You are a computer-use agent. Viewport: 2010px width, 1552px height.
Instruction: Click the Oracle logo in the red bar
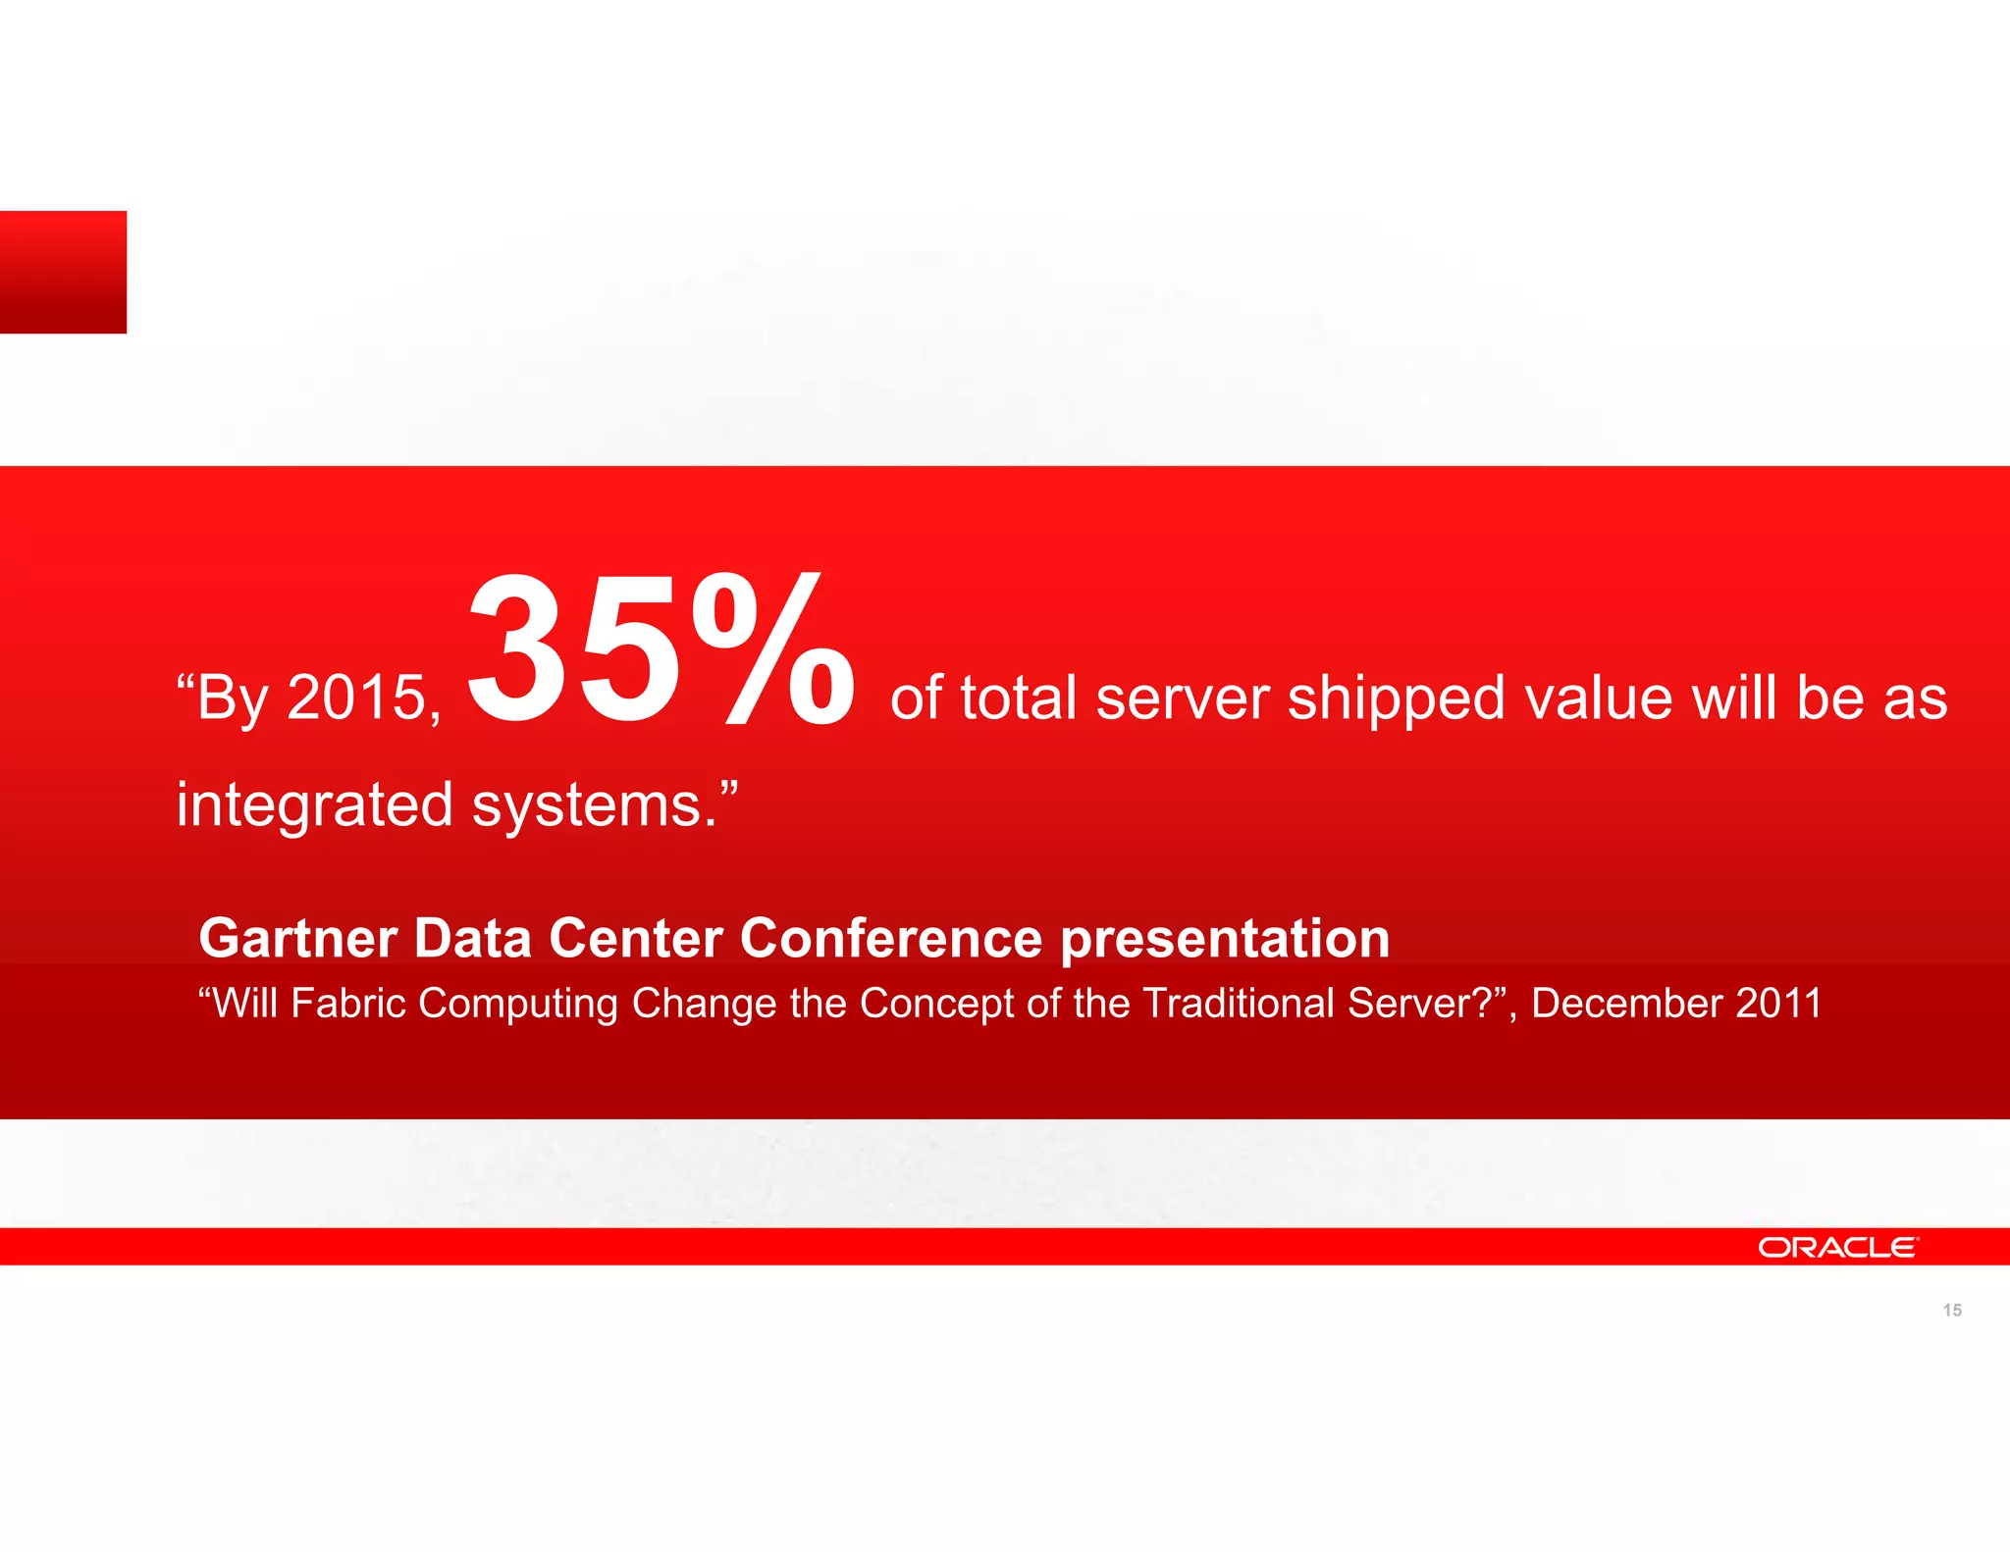coord(1836,1247)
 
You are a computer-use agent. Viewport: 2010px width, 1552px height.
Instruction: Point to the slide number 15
coord(1952,1311)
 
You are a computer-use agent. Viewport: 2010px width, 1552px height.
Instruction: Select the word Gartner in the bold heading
coord(296,938)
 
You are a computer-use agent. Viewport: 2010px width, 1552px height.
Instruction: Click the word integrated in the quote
coord(314,805)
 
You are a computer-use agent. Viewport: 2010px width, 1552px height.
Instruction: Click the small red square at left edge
coord(63,272)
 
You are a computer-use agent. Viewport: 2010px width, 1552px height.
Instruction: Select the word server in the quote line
coord(1182,698)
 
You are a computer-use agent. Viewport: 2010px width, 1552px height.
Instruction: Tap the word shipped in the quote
coord(1396,698)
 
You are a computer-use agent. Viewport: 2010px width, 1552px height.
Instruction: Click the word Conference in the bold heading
coord(890,938)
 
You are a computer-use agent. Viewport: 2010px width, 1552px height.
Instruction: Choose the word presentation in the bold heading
coord(1225,940)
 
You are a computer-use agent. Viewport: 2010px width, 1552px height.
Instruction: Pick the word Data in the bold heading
coord(472,938)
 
